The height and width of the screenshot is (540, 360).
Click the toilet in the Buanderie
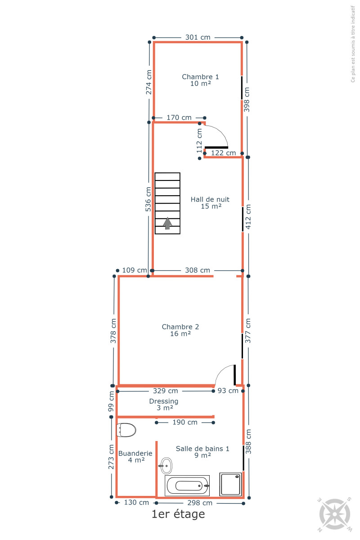pos(126,430)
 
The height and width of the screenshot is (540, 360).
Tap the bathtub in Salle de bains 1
pos(187,486)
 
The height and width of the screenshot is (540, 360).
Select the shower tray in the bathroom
pos(230,484)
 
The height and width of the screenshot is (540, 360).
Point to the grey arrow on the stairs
pos(167,223)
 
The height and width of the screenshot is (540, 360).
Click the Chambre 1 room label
pos(200,80)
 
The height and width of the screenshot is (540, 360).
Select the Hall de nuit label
pos(210,203)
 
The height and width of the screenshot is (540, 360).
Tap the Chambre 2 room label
pos(180,330)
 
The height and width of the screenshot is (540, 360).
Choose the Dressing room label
pos(164,405)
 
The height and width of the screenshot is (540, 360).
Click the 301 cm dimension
pos(198,37)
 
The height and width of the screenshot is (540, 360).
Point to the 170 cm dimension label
pos(179,117)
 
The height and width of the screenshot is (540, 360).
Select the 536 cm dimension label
pos(148,199)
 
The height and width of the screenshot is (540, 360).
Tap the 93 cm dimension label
pos(228,391)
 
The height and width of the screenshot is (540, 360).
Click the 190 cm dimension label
pos(185,423)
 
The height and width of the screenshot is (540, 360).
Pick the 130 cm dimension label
pos(136,502)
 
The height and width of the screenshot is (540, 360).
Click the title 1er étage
pos(178,514)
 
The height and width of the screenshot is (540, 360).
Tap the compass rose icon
pos(335,514)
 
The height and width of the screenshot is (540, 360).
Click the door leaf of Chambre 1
pos(216,147)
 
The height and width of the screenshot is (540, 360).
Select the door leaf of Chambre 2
pos(234,375)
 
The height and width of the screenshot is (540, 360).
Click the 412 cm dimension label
pos(248,217)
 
